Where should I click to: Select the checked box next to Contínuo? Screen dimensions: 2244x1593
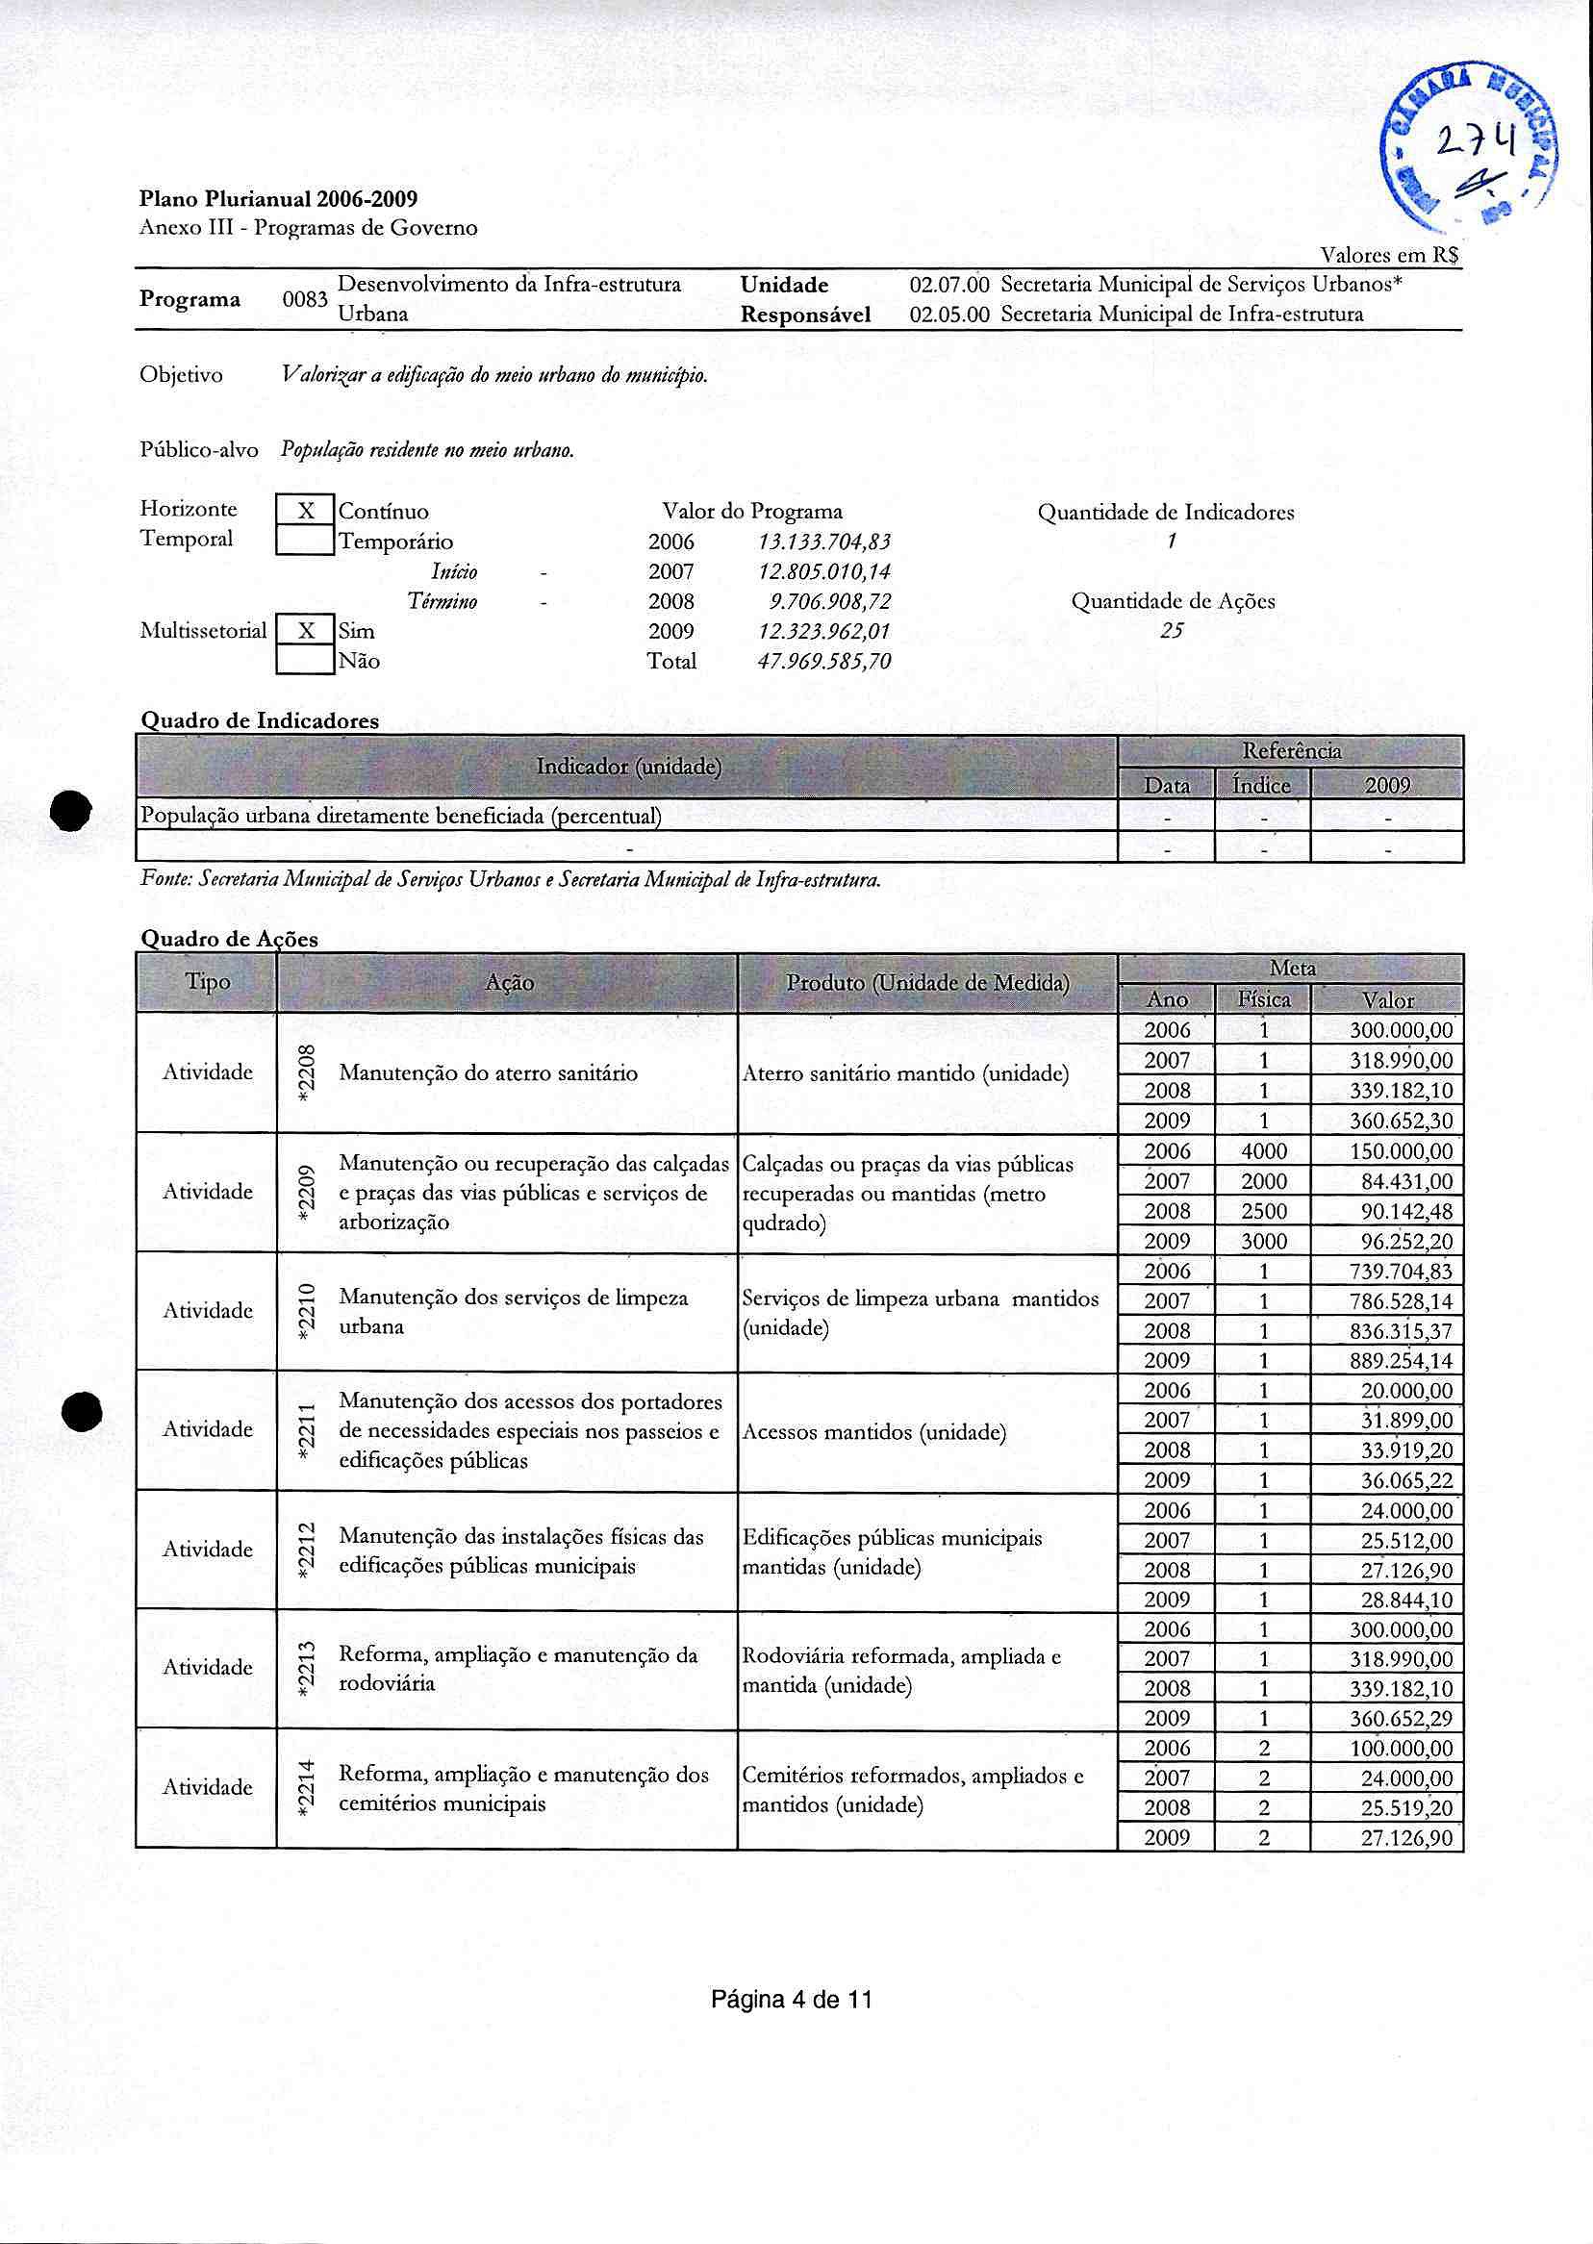(x=306, y=511)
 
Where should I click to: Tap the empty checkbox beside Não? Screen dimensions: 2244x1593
(x=306, y=660)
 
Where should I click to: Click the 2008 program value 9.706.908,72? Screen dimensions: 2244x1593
(x=832, y=602)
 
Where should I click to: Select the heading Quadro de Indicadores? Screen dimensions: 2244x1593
(x=260, y=720)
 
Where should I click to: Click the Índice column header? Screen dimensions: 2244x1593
(x=1261, y=786)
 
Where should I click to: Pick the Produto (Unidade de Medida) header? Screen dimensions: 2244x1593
(x=927, y=983)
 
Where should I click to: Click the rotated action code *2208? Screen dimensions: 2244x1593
(x=307, y=1072)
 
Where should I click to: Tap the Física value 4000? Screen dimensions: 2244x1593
(x=1263, y=1151)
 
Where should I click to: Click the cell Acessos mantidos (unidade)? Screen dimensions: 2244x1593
(x=874, y=1433)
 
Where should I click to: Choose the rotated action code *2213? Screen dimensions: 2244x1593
(x=307, y=1667)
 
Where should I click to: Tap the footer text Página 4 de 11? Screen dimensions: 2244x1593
(x=792, y=2000)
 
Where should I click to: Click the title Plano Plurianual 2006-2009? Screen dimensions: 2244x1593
(x=279, y=200)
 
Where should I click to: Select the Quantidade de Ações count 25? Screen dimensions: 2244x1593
(x=1172, y=632)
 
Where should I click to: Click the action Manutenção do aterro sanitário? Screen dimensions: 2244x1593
(x=488, y=1074)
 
